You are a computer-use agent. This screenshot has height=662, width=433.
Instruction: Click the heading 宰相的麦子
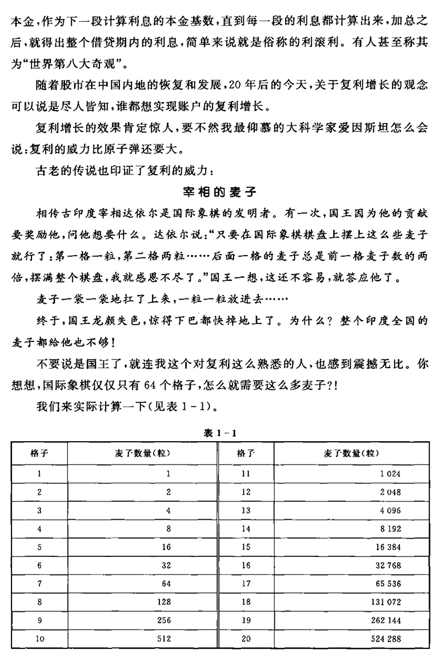pyautogui.click(x=216, y=191)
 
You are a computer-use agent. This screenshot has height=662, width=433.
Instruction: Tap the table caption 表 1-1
pyautogui.click(x=216, y=433)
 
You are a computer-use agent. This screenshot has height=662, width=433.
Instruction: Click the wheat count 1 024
pyautogui.click(x=389, y=473)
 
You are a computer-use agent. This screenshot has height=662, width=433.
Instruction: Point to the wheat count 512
pyautogui.click(x=164, y=639)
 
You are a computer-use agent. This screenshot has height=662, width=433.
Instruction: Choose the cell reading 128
pyautogui.click(x=164, y=602)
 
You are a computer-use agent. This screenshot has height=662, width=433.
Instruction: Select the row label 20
pyautogui.click(x=246, y=639)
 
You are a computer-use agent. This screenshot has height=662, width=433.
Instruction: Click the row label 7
pyautogui.click(x=39, y=584)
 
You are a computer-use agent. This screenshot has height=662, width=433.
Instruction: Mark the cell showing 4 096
pyautogui.click(x=389, y=510)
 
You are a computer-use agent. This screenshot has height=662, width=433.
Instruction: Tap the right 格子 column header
pyautogui.click(x=246, y=454)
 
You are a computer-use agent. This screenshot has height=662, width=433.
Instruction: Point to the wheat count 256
pyautogui.click(x=164, y=620)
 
